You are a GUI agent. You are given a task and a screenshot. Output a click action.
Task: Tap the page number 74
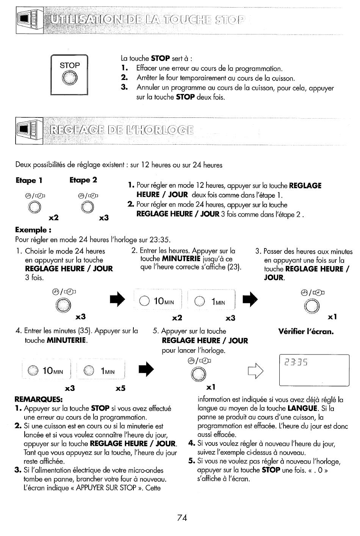tap(182, 517)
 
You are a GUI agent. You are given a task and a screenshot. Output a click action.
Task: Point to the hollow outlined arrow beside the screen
tap(256, 371)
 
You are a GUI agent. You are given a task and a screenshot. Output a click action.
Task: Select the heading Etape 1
tap(29, 180)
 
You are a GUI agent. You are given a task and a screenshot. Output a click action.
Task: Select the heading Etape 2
tap(83, 180)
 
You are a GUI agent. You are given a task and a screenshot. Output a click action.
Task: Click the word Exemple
tap(31, 230)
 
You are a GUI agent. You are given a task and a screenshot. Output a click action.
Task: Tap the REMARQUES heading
tap(39, 399)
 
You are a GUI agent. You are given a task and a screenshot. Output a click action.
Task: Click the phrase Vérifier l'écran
tap(306, 331)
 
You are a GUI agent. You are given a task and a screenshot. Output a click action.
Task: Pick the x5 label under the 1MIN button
tap(121, 388)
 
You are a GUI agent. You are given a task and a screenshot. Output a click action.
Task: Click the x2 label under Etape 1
tap(53, 217)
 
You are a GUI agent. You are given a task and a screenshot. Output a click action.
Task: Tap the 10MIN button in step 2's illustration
tap(158, 301)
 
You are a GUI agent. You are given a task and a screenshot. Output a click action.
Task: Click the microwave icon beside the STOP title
tap(30, 20)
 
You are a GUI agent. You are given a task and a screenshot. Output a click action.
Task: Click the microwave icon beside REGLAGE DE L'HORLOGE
tap(29, 131)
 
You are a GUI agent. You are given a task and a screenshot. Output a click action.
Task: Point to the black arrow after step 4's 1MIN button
tap(146, 369)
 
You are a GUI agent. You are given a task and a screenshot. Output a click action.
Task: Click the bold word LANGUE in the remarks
tap(303, 408)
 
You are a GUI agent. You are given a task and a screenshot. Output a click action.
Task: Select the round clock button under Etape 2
tap(88, 207)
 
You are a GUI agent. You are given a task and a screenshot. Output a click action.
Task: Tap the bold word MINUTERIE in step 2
tap(181, 259)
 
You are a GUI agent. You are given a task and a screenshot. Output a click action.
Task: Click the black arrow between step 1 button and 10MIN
tap(117, 299)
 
